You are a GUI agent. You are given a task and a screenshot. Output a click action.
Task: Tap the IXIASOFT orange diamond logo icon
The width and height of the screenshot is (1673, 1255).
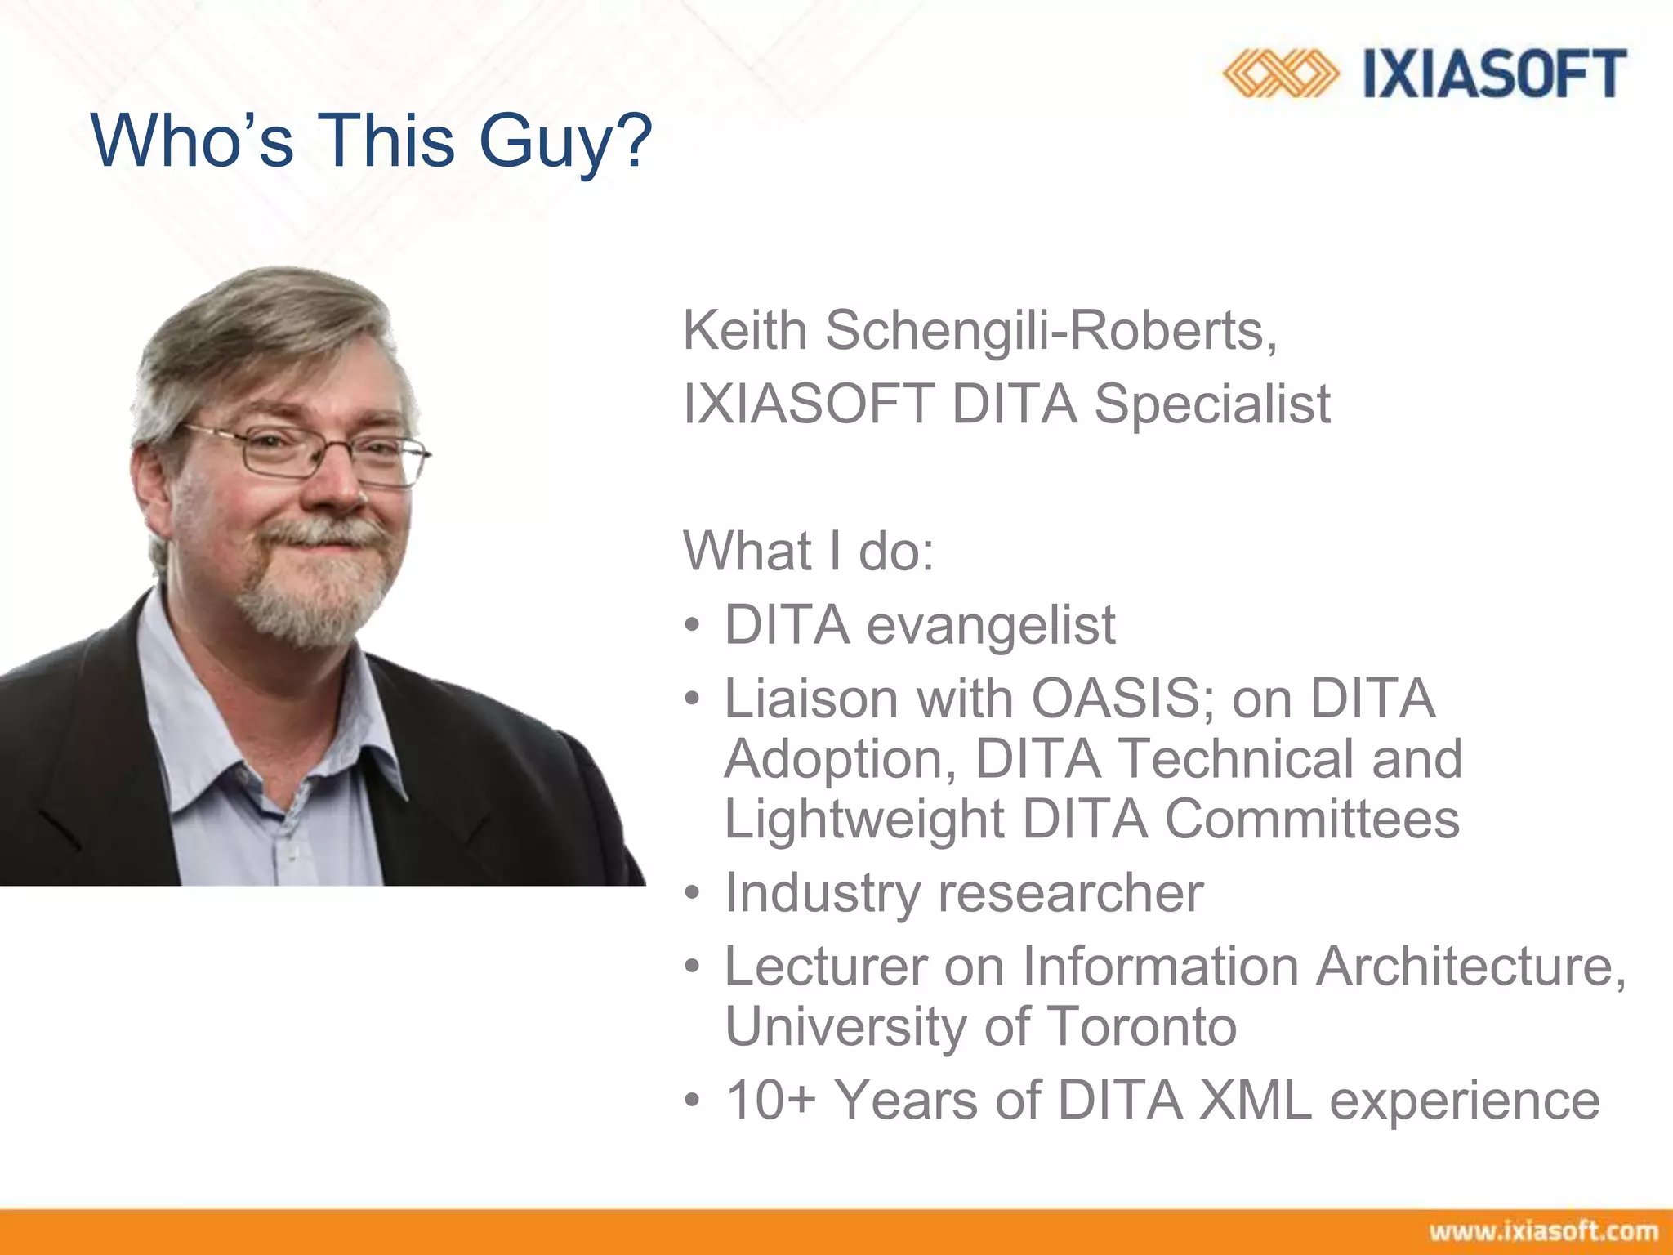1280,74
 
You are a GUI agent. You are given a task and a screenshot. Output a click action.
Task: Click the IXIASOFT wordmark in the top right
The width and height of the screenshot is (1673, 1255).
1495,74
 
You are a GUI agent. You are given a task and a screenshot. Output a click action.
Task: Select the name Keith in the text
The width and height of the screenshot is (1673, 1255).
745,331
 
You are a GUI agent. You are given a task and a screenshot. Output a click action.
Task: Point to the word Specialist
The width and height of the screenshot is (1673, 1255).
1212,404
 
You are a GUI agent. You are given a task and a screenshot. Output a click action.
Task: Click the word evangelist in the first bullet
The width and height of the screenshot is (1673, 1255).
990,626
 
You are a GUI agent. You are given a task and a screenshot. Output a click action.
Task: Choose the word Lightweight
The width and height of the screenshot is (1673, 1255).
864,820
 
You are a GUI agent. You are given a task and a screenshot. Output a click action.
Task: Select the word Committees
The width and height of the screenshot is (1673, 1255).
1311,820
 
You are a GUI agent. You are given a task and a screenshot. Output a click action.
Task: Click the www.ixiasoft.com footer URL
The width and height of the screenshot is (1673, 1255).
1543,1231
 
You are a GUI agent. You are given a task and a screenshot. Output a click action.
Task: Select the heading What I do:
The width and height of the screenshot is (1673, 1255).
807,552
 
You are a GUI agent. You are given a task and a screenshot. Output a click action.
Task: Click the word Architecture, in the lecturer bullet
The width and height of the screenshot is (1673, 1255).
1470,967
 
